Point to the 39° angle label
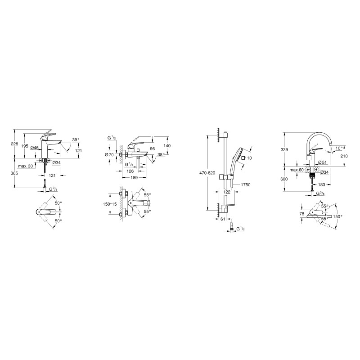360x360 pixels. coord(76,140)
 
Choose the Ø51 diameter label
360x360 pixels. coord(323,163)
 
